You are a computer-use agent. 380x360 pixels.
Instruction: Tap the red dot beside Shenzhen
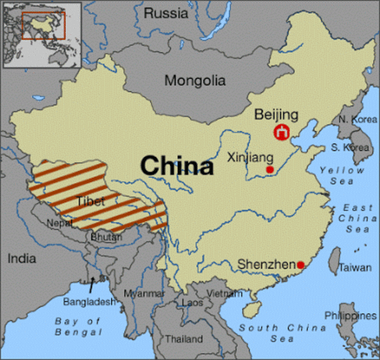(301, 265)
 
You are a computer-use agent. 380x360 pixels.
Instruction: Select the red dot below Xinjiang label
(270, 169)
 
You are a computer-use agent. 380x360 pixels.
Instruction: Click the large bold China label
(178, 165)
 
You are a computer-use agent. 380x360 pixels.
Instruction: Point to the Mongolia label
(195, 80)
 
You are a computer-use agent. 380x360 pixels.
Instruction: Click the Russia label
(166, 13)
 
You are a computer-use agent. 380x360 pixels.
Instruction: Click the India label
(22, 259)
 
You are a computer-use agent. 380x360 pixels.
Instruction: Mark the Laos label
(192, 302)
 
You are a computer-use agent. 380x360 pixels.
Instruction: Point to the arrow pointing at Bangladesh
(92, 285)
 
